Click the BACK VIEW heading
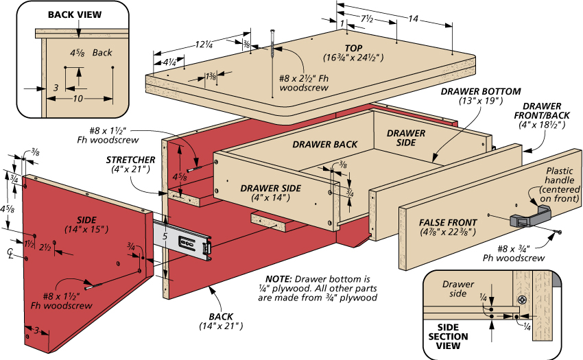pos(75,14)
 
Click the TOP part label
pos(353,49)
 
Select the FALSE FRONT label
pos(448,222)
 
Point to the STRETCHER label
pos(130,160)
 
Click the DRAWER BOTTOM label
pos(481,91)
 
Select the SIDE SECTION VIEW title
pos(448,337)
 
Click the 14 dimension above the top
pos(413,19)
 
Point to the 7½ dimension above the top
pos(367,19)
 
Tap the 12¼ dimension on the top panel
pos(204,45)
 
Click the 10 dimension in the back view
pos(78,99)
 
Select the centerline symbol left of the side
pos(10,254)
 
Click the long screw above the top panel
pos(272,63)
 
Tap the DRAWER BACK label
pos(324,144)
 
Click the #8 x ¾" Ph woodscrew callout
pos(514,253)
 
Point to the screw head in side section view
pos(523,300)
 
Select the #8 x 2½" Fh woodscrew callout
pos(304,83)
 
